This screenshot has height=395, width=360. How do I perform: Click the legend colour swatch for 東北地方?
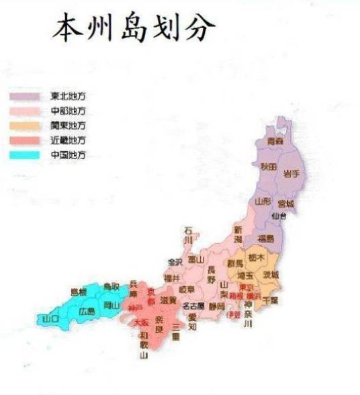pyautogui.click(x=25, y=96)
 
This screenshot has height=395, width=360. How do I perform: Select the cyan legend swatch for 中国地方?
pyautogui.click(x=25, y=155)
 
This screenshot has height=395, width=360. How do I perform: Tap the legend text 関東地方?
pyautogui.click(x=69, y=126)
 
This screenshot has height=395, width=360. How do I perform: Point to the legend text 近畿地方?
pyautogui.click(x=69, y=140)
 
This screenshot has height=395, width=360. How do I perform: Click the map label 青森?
pyautogui.click(x=275, y=142)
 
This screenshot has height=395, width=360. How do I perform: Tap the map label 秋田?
pyautogui.click(x=268, y=167)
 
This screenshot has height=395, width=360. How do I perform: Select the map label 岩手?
pyautogui.click(x=291, y=173)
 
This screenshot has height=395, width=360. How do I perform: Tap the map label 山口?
pyautogui.click(x=49, y=318)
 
